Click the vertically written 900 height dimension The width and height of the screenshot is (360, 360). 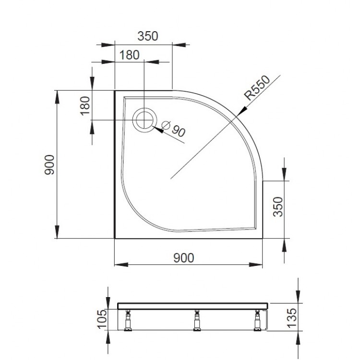(50, 165)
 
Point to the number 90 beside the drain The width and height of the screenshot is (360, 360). (178, 131)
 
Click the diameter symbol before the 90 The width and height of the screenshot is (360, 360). (166, 125)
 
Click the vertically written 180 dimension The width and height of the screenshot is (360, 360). (85, 105)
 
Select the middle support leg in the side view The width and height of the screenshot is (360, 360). (197, 321)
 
